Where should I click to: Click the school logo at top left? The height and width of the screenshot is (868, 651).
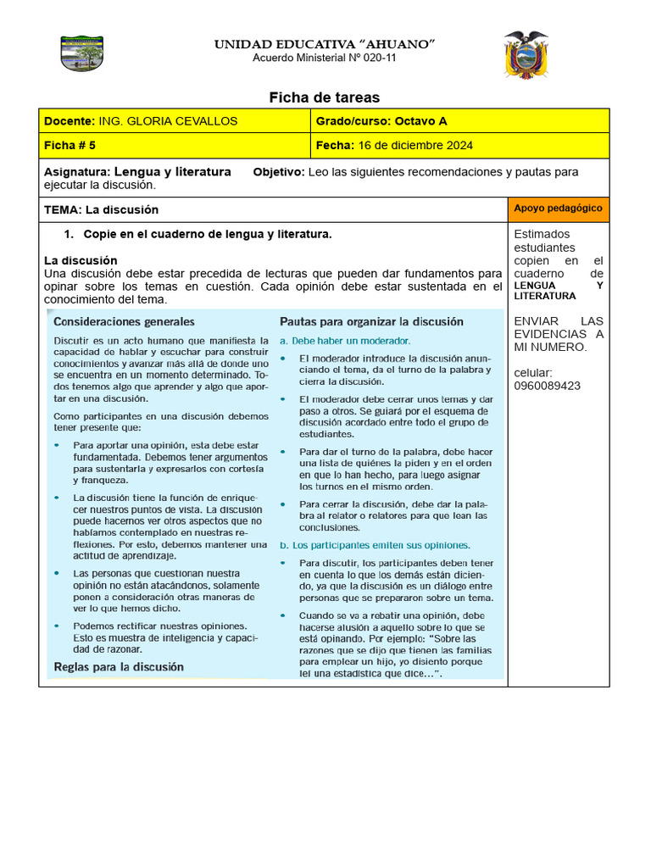82,53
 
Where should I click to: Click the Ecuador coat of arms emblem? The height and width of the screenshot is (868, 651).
525,55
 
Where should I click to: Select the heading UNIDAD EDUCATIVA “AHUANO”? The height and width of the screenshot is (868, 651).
324,43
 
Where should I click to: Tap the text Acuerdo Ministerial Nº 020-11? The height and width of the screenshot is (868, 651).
324,58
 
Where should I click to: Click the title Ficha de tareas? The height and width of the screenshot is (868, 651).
324,97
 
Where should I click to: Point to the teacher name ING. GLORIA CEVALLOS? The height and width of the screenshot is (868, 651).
168,121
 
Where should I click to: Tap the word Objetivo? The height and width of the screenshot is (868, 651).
278,172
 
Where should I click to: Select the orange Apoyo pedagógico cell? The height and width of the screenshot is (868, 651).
558,209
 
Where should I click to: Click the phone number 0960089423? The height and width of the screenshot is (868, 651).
547,386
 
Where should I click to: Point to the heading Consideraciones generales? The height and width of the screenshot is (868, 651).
124,322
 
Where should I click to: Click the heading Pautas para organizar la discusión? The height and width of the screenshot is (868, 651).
371,322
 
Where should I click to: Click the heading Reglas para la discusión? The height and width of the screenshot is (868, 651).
119,667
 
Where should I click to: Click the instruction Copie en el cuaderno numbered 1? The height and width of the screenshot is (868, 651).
208,234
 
